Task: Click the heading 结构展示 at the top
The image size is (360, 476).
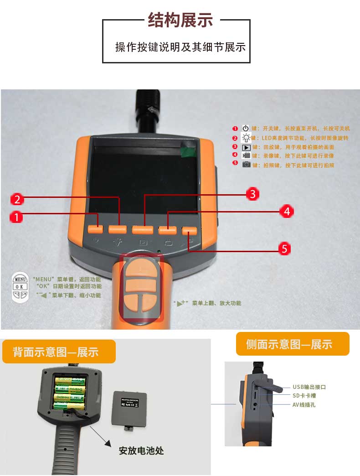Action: point(180,20)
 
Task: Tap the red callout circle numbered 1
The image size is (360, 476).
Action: point(16,217)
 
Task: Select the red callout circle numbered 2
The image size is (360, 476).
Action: point(17,199)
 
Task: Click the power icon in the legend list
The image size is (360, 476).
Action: point(246,129)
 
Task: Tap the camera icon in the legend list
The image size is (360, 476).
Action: point(246,165)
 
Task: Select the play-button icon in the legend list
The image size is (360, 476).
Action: point(246,147)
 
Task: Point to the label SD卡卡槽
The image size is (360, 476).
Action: point(304,396)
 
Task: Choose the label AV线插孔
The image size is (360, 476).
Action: point(303,404)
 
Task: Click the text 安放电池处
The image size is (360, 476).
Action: point(141,451)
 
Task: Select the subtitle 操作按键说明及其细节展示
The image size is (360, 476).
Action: point(180,47)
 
